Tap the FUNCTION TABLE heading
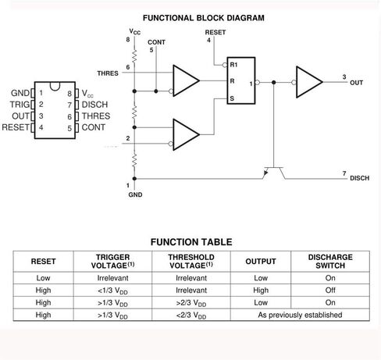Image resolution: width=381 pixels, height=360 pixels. click(x=190, y=242)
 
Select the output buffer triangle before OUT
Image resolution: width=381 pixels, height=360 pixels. click(x=308, y=80)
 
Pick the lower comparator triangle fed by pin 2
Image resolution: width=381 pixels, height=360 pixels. click(x=184, y=133)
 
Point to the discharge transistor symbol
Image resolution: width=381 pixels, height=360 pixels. click(x=272, y=166)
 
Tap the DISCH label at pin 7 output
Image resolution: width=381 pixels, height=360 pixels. click(x=360, y=178)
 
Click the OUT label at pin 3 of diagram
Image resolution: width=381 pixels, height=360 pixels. click(x=357, y=82)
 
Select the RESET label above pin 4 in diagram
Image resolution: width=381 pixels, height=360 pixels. click(x=215, y=32)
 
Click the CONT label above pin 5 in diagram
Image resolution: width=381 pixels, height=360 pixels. click(x=156, y=42)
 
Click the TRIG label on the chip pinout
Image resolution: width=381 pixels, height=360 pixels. click(x=19, y=104)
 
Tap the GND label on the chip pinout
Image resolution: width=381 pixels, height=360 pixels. click(x=20, y=93)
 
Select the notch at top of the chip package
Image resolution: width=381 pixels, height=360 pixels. click(x=54, y=84)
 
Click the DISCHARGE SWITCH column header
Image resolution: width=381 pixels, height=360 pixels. click(x=331, y=262)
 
